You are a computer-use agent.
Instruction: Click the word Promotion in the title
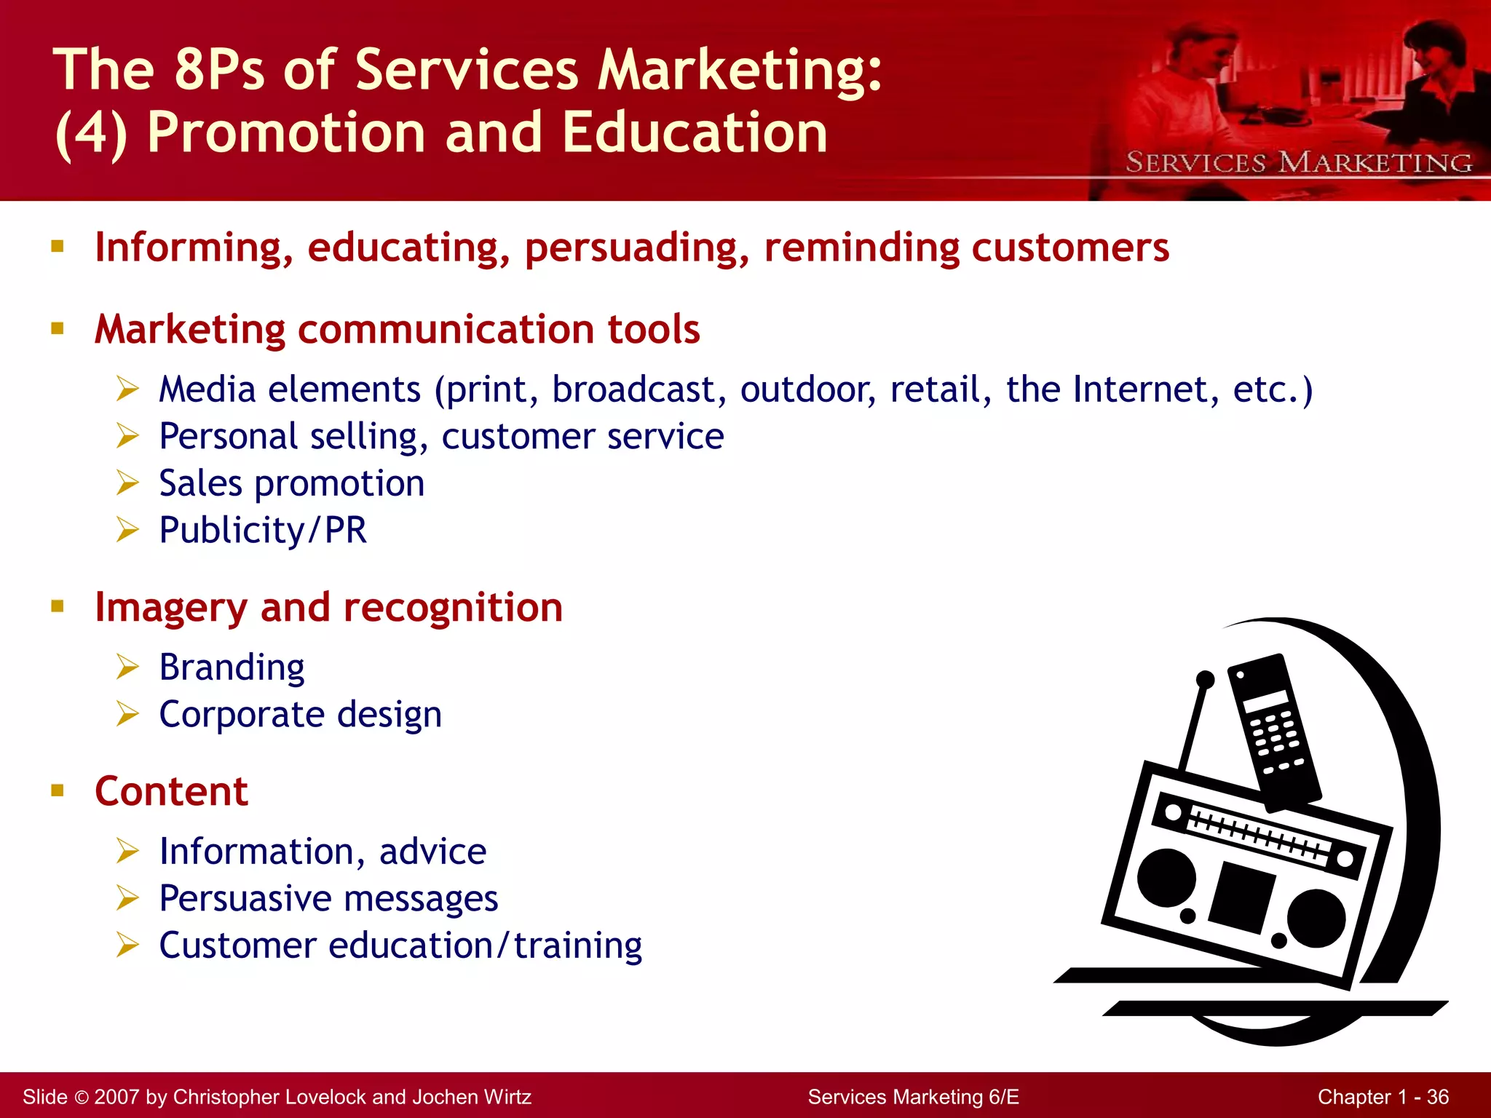286,132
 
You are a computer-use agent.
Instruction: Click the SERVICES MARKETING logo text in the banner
1298,162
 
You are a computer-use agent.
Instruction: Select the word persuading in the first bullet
636,247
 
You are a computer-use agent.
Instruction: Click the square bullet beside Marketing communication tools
58,328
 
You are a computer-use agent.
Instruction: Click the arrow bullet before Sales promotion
127,483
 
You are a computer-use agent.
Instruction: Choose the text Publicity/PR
263,530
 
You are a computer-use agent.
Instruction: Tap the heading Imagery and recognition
328,607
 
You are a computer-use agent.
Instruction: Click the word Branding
232,667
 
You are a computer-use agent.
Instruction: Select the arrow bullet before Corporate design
127,714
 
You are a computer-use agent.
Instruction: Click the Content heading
172,791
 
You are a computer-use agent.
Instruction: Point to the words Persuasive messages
328,898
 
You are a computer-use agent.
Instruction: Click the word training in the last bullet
578,945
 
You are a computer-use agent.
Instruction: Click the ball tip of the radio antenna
1206,679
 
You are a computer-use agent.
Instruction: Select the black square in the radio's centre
1242,897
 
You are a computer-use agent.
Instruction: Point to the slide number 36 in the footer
1437,1097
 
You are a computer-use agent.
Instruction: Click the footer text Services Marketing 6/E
913,1097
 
